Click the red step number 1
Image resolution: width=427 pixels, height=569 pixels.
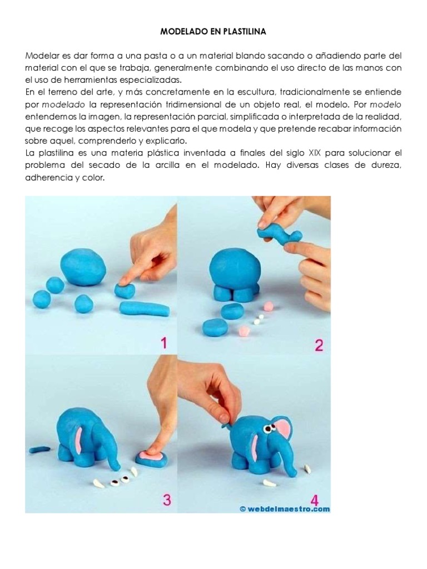[x=163, y=343]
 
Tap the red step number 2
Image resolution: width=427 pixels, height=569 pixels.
[x=319, y=345]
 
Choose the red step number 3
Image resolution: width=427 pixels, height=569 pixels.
[x=166, y=500]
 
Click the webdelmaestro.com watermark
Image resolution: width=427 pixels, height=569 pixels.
[x=285, y=508]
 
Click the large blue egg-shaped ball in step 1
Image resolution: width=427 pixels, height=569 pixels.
[x=83, y=267]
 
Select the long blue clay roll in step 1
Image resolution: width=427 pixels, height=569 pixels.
[x=145, y=308]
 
